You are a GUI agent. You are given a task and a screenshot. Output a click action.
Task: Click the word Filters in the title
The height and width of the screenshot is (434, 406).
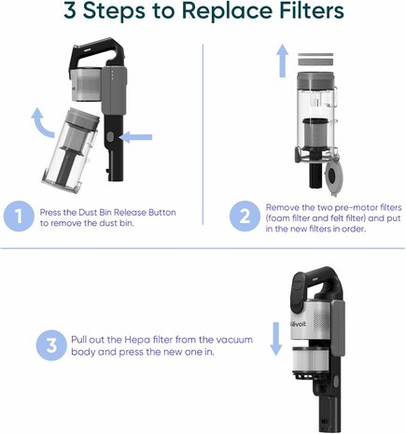pyautogui.click(x=311, y=10)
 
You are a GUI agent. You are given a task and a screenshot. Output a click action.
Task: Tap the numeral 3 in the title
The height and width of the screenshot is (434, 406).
pyautogui.click(x=70, y=10)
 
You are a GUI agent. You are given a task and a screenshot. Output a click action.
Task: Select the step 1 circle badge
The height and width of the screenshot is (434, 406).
pyautogui.click(x=19, y=217)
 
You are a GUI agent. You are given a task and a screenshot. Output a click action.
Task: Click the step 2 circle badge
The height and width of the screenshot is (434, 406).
pyautogui.click(x=245, y=217)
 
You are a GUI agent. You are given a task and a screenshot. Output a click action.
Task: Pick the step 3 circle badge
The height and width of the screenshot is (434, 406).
pyautogui.click(x=51, y=345)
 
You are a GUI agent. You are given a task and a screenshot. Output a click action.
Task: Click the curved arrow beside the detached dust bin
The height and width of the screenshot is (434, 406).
pyautogui.click(x=41, y=123)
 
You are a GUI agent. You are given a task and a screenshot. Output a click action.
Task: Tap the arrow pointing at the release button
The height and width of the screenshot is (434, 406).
pyautogui.click(x=135, y=137)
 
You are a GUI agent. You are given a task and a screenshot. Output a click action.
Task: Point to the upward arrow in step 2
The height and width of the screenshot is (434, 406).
pyautogui.click(x=283, y=61)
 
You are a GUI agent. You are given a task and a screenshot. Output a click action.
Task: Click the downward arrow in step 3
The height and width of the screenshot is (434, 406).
pyautogui.click(x=275, y=339)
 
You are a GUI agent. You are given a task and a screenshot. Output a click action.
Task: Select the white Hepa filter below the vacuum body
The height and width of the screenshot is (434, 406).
pyautogui.click(x=308, y=360)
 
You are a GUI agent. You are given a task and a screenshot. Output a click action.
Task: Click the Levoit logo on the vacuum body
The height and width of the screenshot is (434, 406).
pyautogui.click(x=298, y=324)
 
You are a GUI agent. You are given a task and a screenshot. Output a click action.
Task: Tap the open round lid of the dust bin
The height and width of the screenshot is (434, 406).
pyautogui.click(x=333, y=175)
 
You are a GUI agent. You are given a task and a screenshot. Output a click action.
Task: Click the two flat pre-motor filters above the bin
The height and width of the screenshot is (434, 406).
pyautogui.click(x=315, y=59)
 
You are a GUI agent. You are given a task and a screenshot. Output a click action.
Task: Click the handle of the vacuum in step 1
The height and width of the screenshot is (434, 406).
pyautogui.click(x=96, y=50)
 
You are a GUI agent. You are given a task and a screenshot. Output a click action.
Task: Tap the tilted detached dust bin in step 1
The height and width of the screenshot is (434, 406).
pyautogui.click(x=71, y=150)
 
